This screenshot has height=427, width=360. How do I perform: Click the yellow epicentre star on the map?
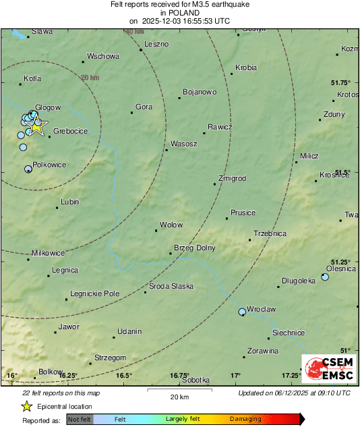click(x=36, y=126)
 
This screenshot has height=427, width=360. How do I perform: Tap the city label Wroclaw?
click(x=262, y=308)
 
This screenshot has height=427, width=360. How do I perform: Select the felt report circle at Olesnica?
click(x=325, y=277)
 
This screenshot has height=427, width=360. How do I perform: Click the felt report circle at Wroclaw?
click(x=243, y=312)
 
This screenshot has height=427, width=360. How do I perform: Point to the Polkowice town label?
click(x=49, y=164)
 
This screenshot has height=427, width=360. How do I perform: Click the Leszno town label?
click(x=156, y=44)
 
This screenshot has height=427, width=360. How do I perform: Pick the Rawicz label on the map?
click(x=220, y=127)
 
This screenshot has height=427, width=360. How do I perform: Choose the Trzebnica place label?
click(x=270, y=233)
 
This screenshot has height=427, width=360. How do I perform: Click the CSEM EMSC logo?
click(x=325, y=372)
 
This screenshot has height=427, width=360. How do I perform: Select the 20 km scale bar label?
click(x=178, y=397)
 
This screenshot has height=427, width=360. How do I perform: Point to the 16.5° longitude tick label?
click(x=123, y=375)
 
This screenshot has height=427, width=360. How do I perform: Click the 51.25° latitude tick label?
click(x=341, y=262)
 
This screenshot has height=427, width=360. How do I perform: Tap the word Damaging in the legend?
click(x=246, y=420)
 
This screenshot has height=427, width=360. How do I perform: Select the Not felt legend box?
click(x=80, y=420)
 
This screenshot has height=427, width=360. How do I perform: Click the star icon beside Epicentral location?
click(x=26, y=406)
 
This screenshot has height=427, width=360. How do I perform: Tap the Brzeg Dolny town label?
click(x=195, y=248)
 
